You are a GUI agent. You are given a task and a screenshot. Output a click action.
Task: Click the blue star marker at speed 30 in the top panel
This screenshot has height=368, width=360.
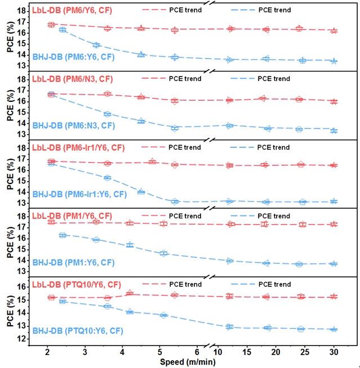click(x=334, y=61)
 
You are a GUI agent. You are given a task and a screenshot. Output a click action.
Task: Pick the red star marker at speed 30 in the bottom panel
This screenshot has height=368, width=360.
click(x=334, y=297)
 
